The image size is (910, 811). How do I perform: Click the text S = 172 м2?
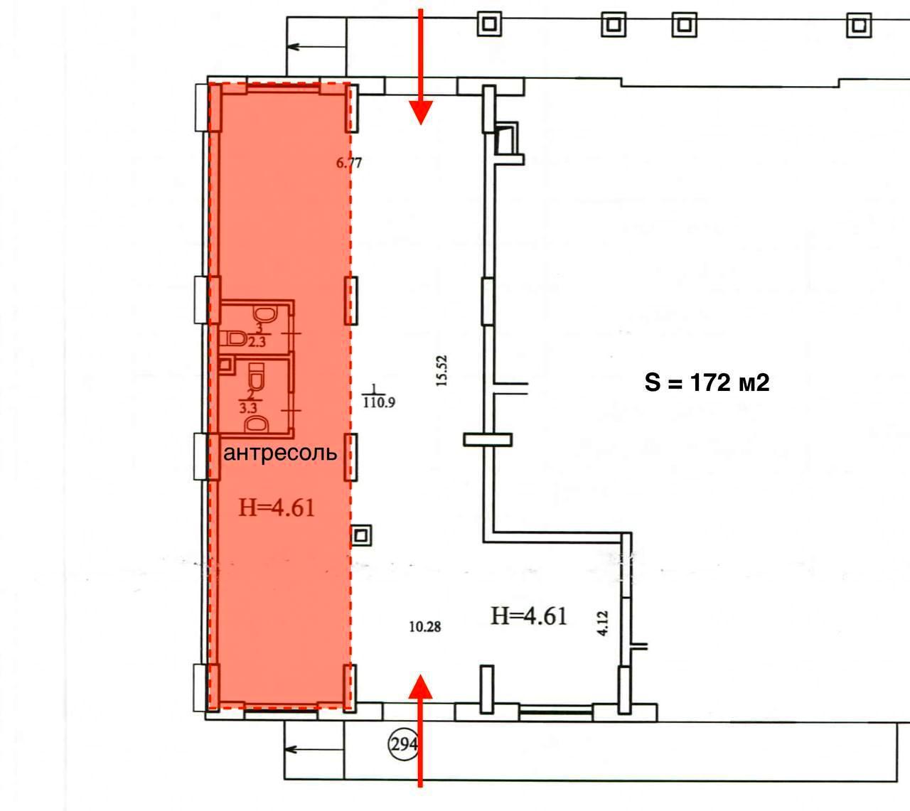coord(707,383)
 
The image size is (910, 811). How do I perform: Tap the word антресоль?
coord(280,453)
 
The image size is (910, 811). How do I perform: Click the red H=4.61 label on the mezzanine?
coord(277,508)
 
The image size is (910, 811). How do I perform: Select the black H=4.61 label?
coord(529,616)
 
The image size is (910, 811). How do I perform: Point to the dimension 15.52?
coord(442,370)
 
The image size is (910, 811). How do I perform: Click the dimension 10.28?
coord(425,626)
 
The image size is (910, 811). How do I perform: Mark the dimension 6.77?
coord(349,162)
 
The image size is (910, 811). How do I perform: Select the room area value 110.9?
coord(379,402)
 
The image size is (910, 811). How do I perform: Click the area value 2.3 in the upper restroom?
coord(257,342)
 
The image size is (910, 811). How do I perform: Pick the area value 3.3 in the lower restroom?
coord(248,408)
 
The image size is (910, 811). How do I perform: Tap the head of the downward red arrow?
coord(420,112)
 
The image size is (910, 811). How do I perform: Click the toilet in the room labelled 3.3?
coord(257,376)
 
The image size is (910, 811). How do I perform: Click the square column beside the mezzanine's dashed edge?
coord(361,535)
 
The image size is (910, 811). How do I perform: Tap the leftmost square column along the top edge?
coord(489,23)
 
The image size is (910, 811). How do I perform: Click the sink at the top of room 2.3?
coord(266,313)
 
